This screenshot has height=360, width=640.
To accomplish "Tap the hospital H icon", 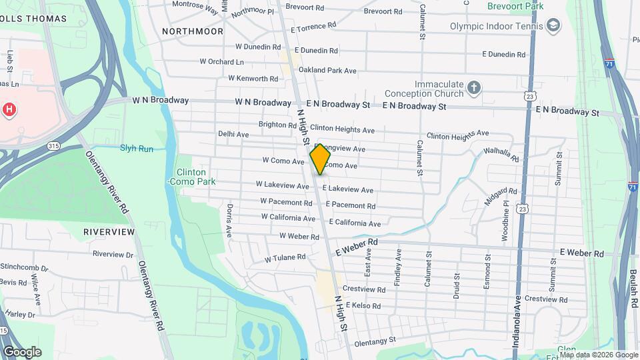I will click(9, 109).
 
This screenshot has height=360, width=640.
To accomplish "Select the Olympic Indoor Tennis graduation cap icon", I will click(553, 26).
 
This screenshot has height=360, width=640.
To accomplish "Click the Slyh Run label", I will click(137, 148).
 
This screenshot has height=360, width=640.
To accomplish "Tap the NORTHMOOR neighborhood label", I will click(193, 31).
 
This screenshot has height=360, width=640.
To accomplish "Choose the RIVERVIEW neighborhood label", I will click(109, 231).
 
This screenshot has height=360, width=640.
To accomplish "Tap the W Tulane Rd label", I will click(285, 257).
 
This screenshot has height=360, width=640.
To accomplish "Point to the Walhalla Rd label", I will click(501, 155).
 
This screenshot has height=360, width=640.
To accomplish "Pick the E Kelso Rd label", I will click(363, 305).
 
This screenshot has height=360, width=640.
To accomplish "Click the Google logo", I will click(22, 352).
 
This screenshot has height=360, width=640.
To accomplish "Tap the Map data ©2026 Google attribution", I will click(599, 355).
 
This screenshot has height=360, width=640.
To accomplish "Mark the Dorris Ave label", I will click(229, 221).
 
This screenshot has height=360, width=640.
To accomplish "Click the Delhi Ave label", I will click(233, 134).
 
